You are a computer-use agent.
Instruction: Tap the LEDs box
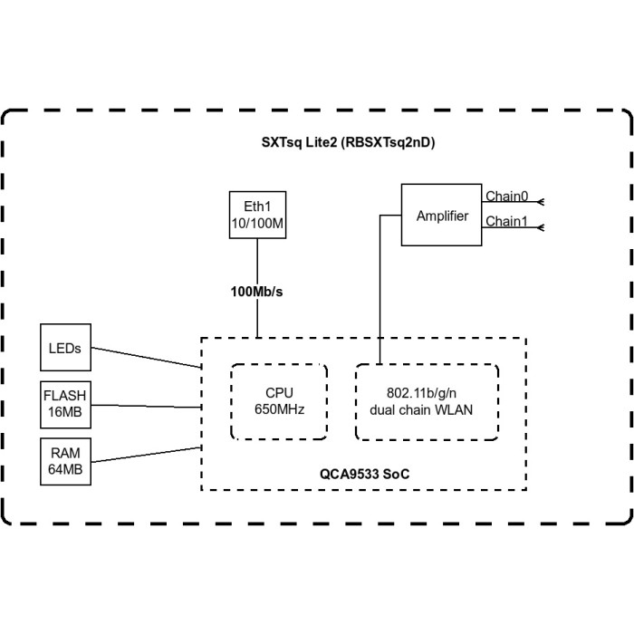click(66, 348)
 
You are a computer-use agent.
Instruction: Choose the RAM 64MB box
click(66, 462)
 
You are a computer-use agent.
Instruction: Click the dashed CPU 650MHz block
click(279, 401)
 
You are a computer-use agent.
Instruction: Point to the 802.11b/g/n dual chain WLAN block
click(427, 401)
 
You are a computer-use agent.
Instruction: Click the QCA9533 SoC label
click(357, 474)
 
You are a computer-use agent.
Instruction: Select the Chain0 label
click(506, 197)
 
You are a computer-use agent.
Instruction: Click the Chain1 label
click(506, 222)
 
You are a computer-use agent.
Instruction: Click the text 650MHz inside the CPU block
click(279, 409)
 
